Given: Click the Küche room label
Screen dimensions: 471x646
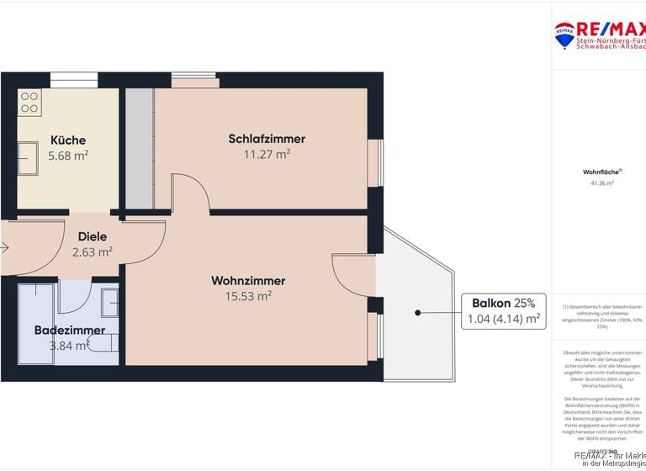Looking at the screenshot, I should [x=68, y=140].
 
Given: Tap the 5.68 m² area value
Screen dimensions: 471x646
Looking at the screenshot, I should [x=68, y=156].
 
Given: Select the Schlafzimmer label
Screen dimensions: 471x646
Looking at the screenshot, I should [x=267, y=139].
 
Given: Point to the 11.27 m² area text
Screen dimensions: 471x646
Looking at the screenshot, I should [x=267, y=154].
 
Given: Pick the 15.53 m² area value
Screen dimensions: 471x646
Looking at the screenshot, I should [x=248, y=296].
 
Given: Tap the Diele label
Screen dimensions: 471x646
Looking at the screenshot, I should [x=93, y=237].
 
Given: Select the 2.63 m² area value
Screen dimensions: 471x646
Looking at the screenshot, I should [x=93, y=251].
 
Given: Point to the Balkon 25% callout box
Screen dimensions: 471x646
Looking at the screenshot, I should [x=503, y=311].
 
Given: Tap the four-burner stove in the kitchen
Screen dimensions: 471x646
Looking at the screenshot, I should [x=30, y=103].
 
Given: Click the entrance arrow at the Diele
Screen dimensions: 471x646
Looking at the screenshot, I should [x=5, y=248].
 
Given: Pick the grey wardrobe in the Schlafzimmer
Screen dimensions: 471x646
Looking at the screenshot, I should [x=140, y=148].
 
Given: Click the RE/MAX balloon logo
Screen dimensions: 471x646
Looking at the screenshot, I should [x=564, y=34].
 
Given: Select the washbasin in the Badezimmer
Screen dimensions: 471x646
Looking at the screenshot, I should [x=110, y=301].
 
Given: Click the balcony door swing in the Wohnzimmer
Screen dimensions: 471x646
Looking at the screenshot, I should [x=352, y=269].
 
